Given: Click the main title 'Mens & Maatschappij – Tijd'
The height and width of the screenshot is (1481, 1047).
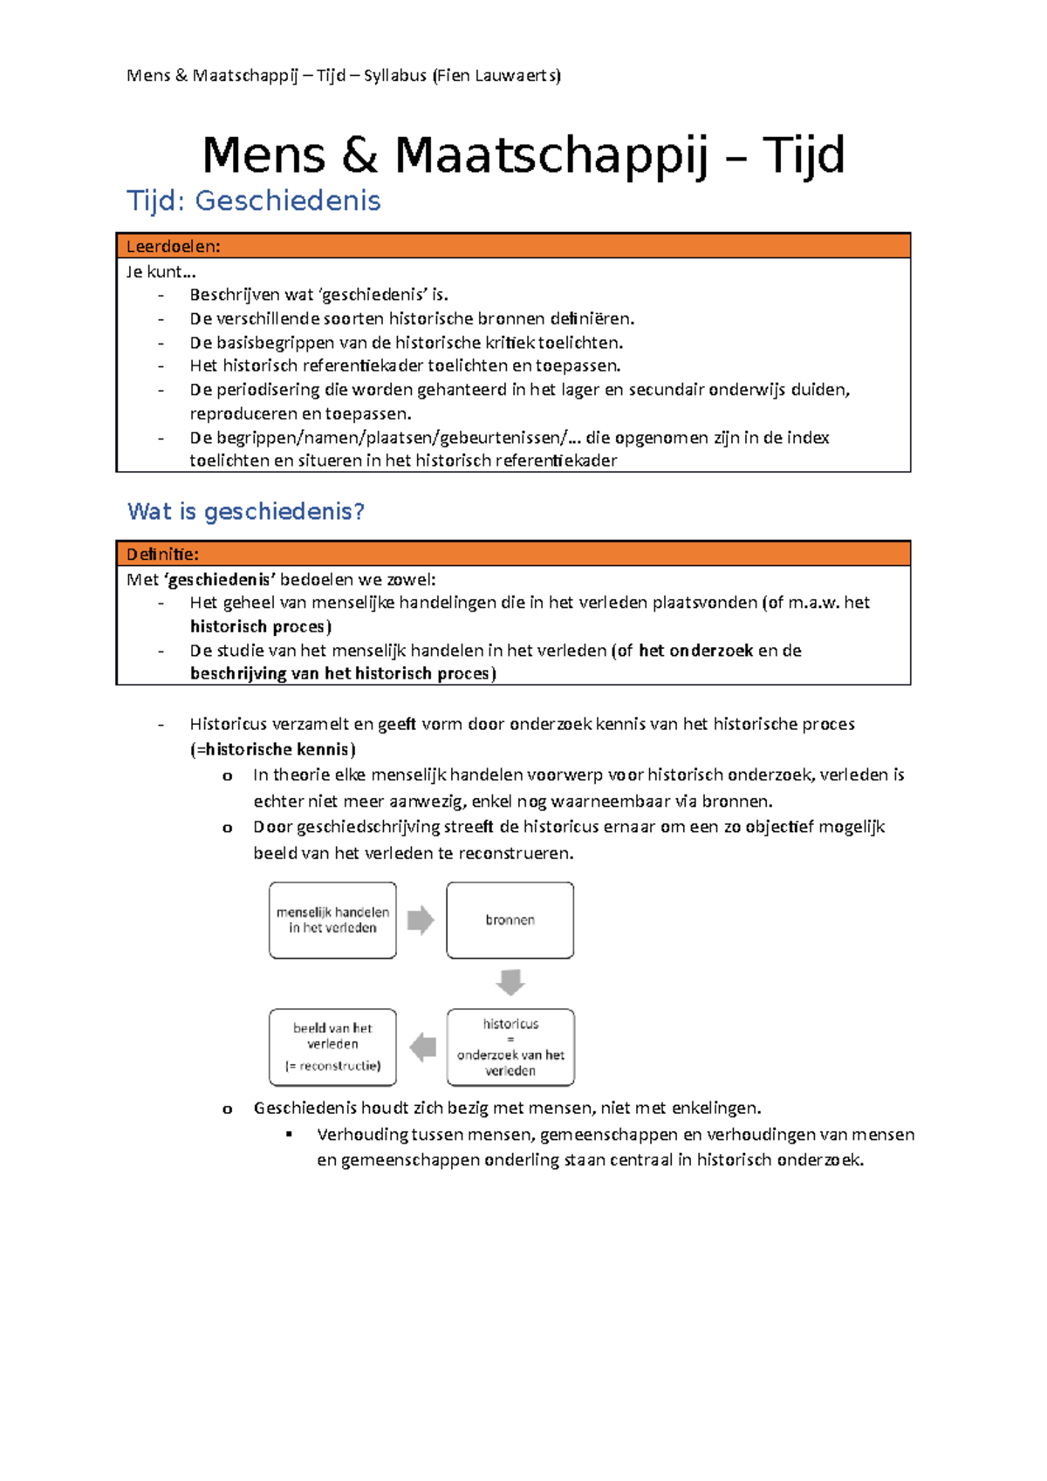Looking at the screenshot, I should tap(523, 155).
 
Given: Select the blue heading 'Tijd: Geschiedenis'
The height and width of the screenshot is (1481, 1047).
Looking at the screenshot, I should tap(254, 201).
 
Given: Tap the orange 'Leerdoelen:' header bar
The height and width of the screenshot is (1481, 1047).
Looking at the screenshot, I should tap(513, 246).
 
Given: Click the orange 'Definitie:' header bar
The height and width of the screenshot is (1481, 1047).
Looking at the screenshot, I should tap(513, 554).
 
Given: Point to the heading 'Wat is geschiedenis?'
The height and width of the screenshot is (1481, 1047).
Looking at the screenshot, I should tap(246, 511).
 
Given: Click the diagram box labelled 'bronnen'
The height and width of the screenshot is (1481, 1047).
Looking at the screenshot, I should tap(510, 920).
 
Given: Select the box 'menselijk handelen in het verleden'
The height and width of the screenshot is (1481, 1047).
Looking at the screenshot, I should tap(332, 920).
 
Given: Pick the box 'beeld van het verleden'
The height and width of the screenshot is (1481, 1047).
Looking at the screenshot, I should tap(332, 1047).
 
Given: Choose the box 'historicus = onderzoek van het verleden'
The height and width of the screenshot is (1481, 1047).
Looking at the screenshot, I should tap(510, 1047).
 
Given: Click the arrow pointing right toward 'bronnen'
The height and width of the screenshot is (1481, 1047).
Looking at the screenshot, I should tap(421, 920).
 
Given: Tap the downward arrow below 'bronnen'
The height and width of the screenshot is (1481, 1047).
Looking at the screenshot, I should tap(510, 982).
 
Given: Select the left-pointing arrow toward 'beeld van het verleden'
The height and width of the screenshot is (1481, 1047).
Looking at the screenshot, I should tap(423, 1047).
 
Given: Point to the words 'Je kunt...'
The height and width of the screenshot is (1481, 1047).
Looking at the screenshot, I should tap(161, 271).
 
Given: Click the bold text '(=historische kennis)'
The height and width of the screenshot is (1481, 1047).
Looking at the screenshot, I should tap(273, 749).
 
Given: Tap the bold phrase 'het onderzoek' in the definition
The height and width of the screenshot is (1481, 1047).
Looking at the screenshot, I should tap(695, 650).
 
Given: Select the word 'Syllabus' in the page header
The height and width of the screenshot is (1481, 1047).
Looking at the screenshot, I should tap(394, 76).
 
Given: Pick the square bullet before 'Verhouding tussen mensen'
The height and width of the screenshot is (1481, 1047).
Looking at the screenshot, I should tap(290, 1134).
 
